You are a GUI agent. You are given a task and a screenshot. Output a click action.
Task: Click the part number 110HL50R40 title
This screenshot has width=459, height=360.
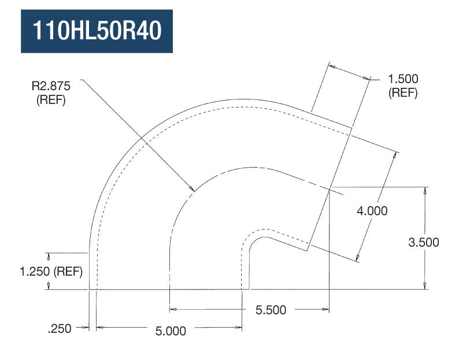[x=97, y=31]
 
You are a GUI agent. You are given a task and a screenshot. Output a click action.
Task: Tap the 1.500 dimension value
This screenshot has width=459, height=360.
[x=403, y=79]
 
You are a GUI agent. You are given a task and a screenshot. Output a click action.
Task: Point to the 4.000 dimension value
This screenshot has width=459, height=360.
[x=372, y=211]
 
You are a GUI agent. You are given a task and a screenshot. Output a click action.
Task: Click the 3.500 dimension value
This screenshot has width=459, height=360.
[x=423, y=242]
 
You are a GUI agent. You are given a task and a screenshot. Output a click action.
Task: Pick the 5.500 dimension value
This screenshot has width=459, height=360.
[x=271, y=310]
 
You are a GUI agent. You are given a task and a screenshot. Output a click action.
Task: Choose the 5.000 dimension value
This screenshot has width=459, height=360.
[x=171, y=331]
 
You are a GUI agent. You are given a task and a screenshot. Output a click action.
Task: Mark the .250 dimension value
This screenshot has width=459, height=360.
[x=61, y=329]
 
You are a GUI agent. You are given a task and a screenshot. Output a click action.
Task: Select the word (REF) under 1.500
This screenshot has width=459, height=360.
[x=403, y=92]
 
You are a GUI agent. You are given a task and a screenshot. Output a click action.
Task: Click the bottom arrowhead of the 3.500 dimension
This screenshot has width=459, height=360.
[x=425, y=287]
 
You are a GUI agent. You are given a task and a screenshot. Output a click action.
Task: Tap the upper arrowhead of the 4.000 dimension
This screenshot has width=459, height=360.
[x=397, y=154]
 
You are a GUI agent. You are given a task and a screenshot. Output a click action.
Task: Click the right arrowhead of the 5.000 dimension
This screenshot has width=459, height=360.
[x=240, y=328]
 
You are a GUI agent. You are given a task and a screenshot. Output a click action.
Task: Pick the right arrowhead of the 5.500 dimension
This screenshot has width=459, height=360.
[x=327, y=309]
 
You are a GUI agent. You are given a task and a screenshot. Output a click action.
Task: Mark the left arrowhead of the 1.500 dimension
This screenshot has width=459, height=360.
[x=331, y=67]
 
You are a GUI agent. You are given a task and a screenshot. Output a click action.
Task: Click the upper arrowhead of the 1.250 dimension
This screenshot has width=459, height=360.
[x=48, y=255]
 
